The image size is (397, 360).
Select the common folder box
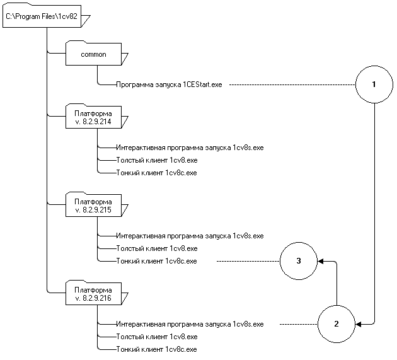pos(93,55)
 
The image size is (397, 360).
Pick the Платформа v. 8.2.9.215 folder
pos(93,206)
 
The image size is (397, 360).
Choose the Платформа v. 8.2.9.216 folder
pos(93,294)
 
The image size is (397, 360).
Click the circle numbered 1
pos(374,84)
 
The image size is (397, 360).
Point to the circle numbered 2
pos(336,324)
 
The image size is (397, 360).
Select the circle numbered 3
pos(299,260)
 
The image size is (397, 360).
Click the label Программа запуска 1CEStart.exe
pos(169,84)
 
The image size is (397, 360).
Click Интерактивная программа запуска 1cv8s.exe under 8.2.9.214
pos(189,148)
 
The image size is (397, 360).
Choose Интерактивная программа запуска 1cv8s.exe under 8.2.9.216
pos(189,324)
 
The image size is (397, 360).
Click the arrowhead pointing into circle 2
pos(359,324)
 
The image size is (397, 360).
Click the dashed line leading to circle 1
pos(290,84)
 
